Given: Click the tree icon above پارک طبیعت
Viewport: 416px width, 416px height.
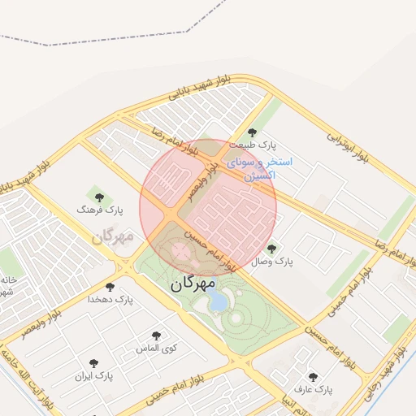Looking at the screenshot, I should (x=252, y=132).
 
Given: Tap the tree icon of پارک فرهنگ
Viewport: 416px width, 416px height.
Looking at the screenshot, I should (x=99, y=196).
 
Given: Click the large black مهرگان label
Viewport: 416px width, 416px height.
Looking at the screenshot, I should (x=193, y=284).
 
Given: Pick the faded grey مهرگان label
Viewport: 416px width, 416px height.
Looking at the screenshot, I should (x=112, y=237).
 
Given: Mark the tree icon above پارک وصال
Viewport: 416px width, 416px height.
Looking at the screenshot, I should (x=271, y=249).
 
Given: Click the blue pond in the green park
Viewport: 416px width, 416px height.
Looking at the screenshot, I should (x=218, y=302).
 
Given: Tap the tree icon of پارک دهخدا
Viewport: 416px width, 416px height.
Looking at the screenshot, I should (x=110, y=287).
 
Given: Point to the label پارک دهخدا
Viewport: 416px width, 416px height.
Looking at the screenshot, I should (x=111, y=300).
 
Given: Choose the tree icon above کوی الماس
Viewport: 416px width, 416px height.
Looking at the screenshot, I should (x=157, y=336).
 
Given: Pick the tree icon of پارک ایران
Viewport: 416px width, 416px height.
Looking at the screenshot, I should (x=94, y=363).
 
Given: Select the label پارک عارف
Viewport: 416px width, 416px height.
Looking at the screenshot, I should (x=314, y=390).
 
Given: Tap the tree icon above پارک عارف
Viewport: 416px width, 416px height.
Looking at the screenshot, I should (x=314, y=377).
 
